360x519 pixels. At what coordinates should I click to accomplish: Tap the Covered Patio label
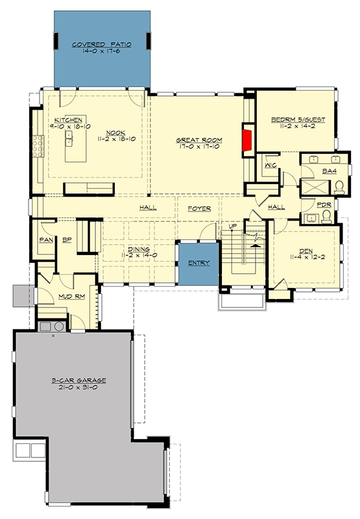[102, 45]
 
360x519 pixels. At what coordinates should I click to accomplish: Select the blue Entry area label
[198, 263]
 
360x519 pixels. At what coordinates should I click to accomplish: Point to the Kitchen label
[67, 120]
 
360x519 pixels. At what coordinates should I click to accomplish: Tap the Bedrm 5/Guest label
[298, 120]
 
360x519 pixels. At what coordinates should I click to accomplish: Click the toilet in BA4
[340, 188]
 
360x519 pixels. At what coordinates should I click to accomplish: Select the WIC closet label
[270, 165]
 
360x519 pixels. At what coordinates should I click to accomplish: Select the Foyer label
[199, 208]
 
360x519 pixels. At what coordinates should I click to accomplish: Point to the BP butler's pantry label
[66, 239]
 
